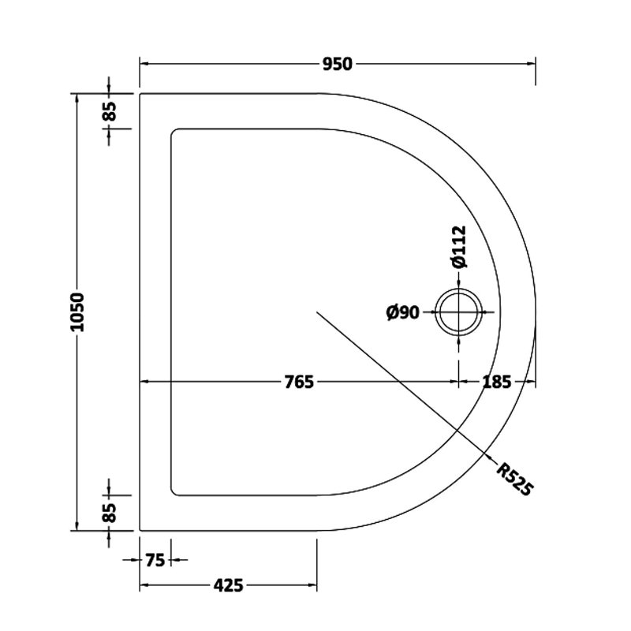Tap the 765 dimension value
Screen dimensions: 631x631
(300, 383)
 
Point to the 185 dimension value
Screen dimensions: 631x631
(497, 383)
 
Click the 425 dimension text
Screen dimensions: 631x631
(228, 584)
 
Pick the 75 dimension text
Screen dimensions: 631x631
(155, 561)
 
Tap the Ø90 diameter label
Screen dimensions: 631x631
(402, 313)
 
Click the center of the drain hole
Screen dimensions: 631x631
(458, 312)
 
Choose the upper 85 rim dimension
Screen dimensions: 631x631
(109, 111)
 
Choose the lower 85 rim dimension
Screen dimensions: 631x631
(109, 513)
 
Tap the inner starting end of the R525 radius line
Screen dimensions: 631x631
(317, 312)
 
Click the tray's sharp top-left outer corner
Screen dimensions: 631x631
(140, 94)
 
